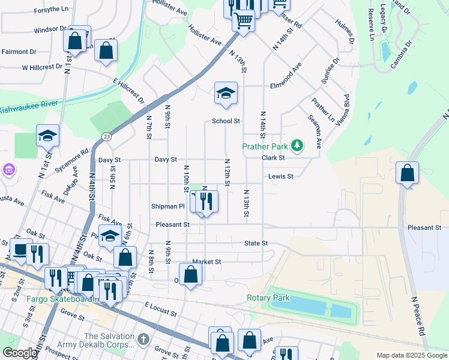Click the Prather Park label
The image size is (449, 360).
point(266,146)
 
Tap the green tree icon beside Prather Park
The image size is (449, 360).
point(297,145)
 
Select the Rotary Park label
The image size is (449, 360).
point(268,298)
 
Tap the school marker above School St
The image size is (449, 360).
point(226,93)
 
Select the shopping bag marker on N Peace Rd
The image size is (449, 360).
point(408,173)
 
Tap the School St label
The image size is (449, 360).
point(226,121)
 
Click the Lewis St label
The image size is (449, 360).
point(280,176)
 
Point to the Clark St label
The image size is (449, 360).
point(273,158)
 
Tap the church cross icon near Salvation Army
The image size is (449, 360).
point(143,340)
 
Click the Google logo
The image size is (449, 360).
point(19,353)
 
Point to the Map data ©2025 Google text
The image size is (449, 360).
point(412,355)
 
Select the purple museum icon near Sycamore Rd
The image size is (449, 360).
point(8,171)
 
